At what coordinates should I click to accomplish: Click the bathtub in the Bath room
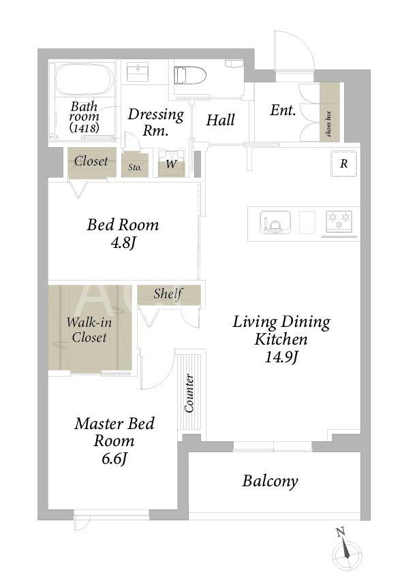[84, 80]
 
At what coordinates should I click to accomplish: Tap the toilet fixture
[190, 76]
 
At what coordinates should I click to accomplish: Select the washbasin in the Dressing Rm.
[138, 72]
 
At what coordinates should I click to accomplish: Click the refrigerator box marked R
[344, 163]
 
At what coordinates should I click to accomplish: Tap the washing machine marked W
[171, 163]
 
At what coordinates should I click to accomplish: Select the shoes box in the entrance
[330, 112]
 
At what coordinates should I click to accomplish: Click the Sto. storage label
[135, 167]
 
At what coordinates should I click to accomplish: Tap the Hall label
[221, 120]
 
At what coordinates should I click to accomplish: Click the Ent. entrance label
[283, 110]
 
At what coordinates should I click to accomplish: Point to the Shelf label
[168, 294]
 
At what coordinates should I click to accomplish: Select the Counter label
[189, 393]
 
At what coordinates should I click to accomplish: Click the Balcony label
[270, 481]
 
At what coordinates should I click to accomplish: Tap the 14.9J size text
[281, 358]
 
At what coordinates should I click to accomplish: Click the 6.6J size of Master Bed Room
[114, 458]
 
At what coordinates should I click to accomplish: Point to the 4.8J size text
[123, 243]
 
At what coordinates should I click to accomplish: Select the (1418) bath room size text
[84, 128]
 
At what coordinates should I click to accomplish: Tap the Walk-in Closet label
[89, 330]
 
